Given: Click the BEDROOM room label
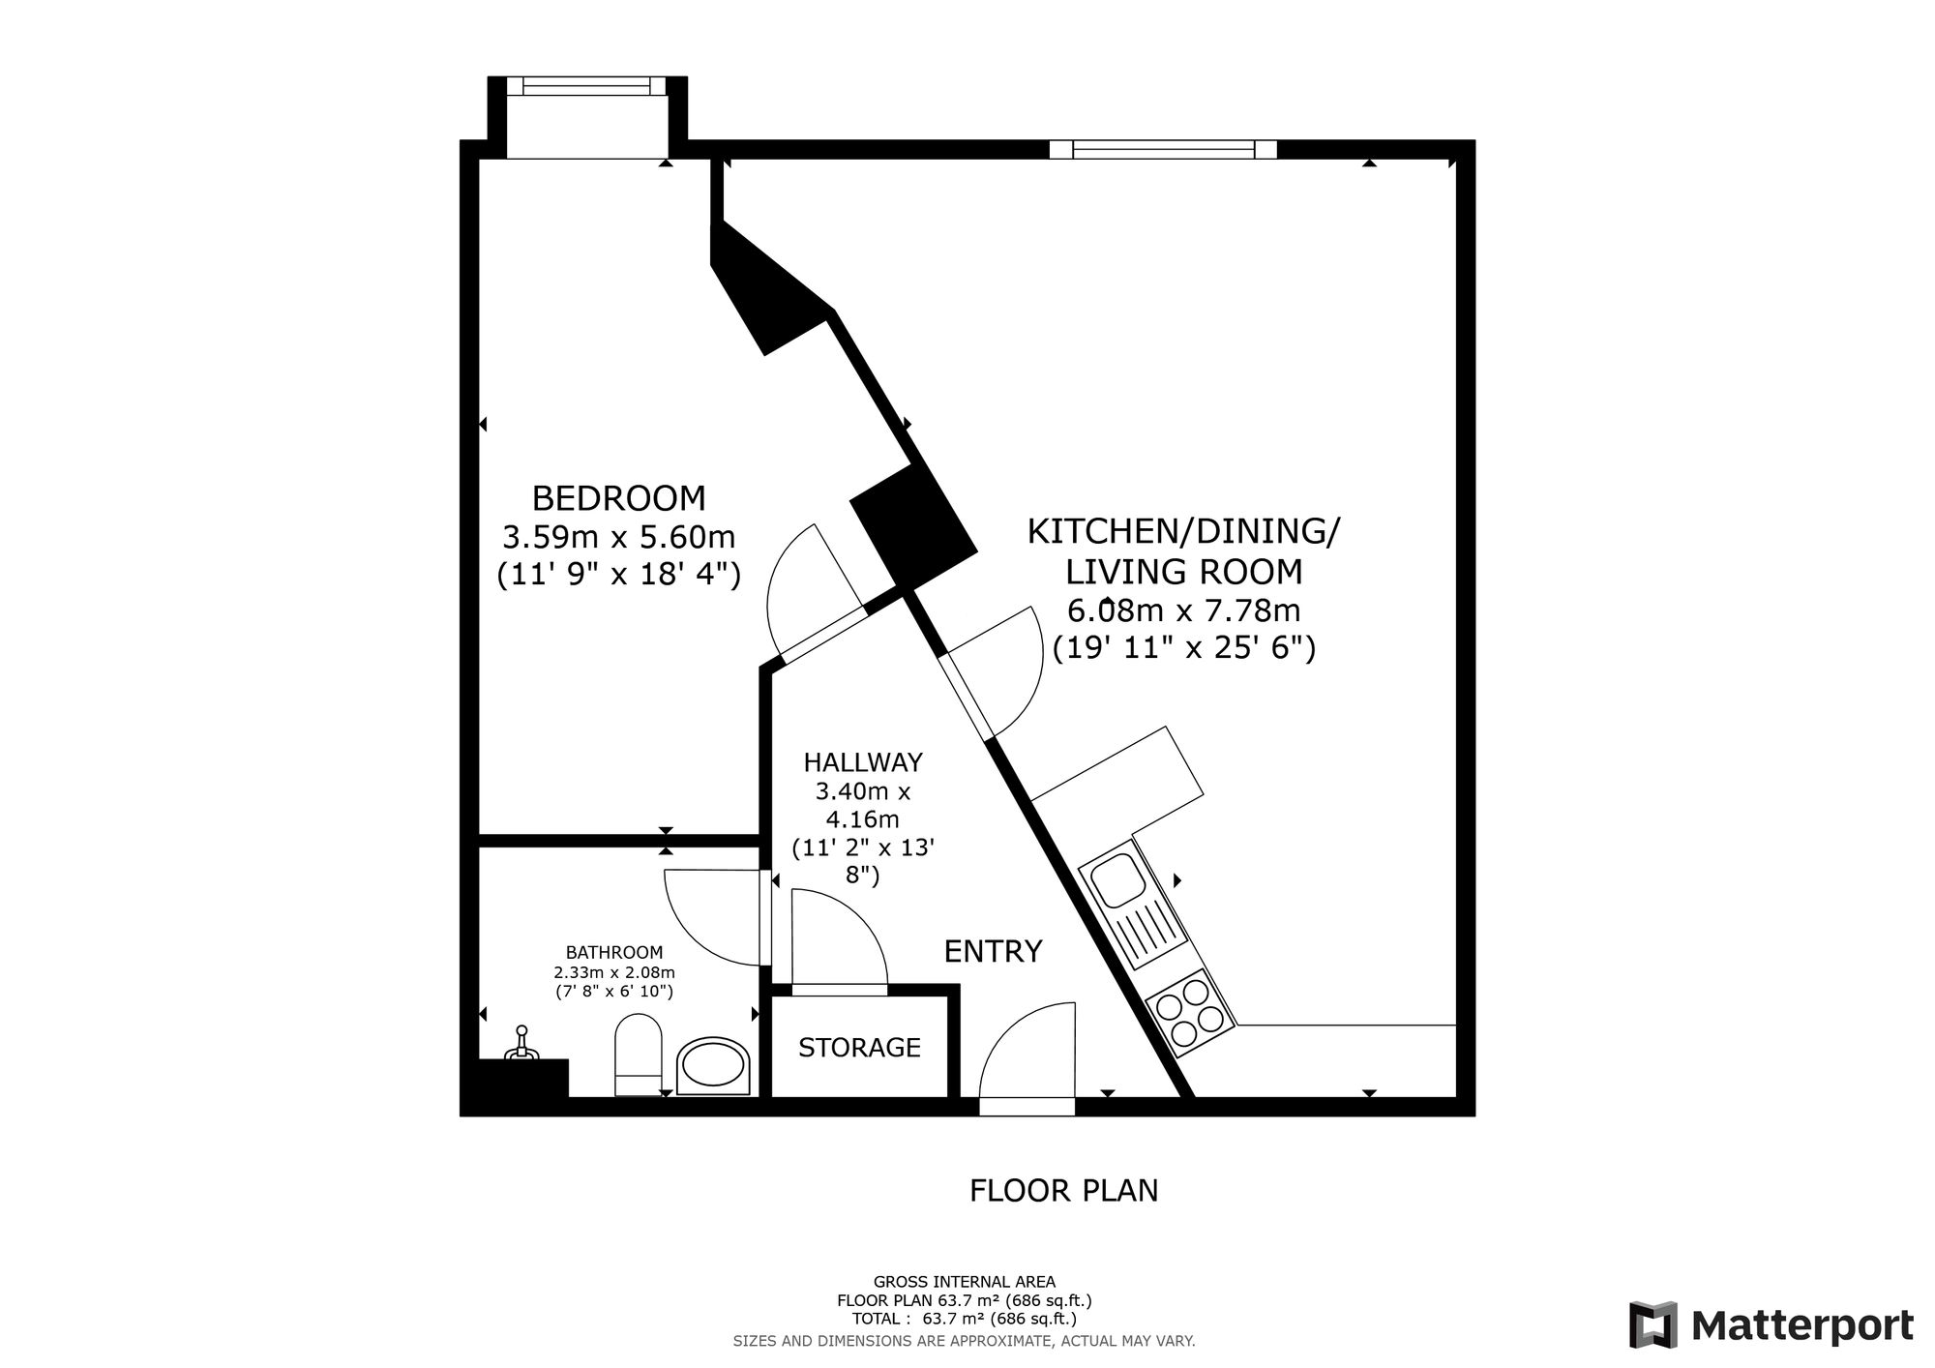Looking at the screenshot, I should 618,499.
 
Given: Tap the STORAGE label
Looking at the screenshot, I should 859,1047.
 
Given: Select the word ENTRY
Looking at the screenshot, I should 993,952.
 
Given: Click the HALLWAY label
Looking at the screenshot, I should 863,762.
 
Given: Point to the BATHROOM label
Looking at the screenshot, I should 614,952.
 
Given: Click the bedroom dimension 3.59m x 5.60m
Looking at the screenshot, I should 618,537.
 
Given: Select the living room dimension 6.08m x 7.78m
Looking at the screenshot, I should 1183,611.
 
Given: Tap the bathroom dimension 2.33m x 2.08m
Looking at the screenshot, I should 614,972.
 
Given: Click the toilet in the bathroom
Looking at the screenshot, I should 638,1055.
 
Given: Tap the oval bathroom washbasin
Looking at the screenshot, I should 714,1067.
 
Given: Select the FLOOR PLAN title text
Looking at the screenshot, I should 1063,1191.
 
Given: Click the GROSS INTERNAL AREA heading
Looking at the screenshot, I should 964,1283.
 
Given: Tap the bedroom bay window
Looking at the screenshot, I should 587,86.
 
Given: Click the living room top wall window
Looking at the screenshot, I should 1163,149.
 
